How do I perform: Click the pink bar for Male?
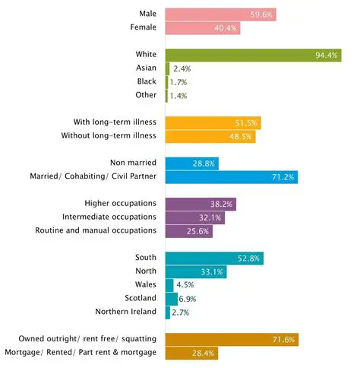coord(220,14)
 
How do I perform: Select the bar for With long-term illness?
coord(213,122)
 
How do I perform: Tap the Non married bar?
coord(191,163)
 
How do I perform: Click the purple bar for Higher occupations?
coord(201,204)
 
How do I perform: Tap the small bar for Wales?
coord(169,285)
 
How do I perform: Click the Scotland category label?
coord(141,298)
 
